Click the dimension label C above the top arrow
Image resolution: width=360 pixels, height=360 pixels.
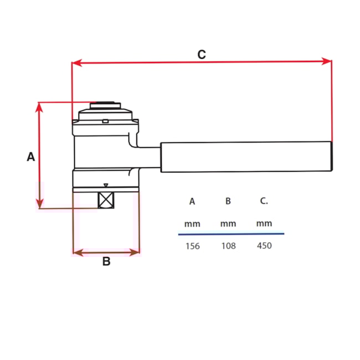(202, 54)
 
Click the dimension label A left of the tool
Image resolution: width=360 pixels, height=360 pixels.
(31, 157)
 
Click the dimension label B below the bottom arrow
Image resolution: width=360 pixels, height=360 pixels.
(106, 261)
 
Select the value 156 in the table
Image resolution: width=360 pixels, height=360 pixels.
(192, 246)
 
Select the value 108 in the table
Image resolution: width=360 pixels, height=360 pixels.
(228, 246)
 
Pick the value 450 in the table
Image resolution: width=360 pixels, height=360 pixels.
(265, 245)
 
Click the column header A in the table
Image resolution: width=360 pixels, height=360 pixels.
(192, 202)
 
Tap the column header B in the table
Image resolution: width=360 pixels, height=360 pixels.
(228, 202)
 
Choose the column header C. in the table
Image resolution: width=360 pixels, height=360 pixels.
(264, 201)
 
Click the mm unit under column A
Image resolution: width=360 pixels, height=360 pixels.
(192, 224)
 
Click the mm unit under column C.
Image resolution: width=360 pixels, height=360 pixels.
(265, 224)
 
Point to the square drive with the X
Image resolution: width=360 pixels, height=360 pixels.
(106, 200)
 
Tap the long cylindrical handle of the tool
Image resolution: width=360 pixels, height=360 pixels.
(246, 157)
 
